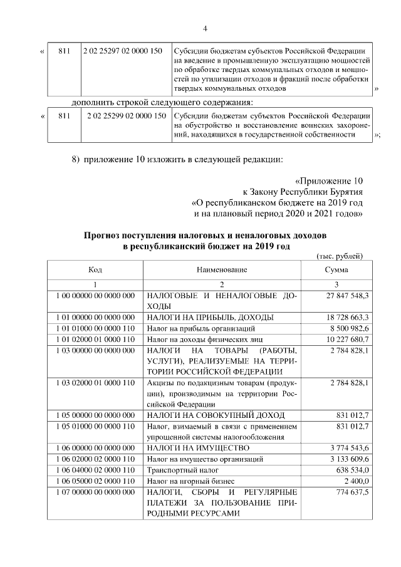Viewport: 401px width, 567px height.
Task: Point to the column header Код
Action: coord(95,269)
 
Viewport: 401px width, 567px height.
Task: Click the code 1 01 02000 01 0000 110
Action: coord(95,339)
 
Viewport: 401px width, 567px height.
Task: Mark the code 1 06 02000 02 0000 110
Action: coord(95,459)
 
